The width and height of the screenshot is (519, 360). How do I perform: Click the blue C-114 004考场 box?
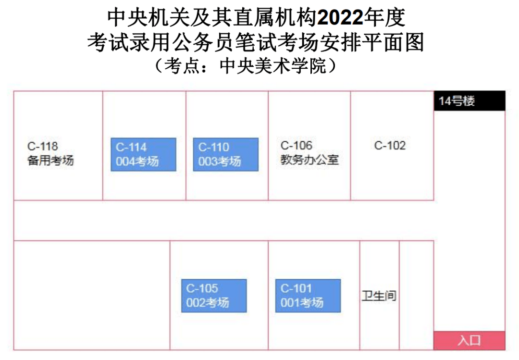[x=143, y=154]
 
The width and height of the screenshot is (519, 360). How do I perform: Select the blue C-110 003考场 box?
[x=226, y=154]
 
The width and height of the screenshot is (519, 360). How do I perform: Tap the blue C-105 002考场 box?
[x=214, y=296]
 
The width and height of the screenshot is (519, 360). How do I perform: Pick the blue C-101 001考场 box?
[x=308, y=296]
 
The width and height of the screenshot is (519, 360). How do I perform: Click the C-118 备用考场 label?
[x=50, y=153]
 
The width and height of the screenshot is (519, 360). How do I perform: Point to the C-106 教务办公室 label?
[x=309, y=153]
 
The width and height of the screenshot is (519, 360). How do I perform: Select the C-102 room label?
[x=390, y=145]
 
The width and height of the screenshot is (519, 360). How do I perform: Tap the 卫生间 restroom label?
[x=379, y=296]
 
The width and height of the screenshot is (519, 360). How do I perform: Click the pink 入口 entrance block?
[x=470, y=340]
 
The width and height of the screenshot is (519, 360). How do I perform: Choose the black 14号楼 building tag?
[x=470, y=100]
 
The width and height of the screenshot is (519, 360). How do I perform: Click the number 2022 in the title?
[x=340, y=18]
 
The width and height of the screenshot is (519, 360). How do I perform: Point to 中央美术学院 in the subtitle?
[x=273, y=65]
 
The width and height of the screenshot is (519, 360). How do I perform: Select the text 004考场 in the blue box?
[x=137, y=161]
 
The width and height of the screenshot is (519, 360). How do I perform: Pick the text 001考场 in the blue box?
[x=302, y=302]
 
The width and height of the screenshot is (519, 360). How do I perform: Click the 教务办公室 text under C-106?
[x=309, y=160]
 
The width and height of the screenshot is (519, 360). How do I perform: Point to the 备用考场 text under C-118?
[x=50, y=161]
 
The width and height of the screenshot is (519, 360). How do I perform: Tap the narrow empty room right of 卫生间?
[x=416, y=295]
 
